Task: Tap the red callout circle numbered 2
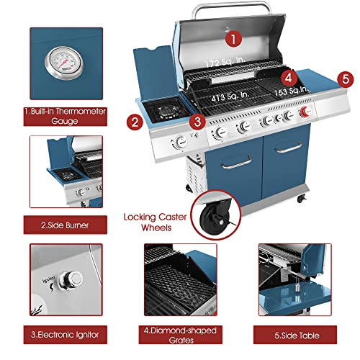pyautogui.click(x=134, y=122)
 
